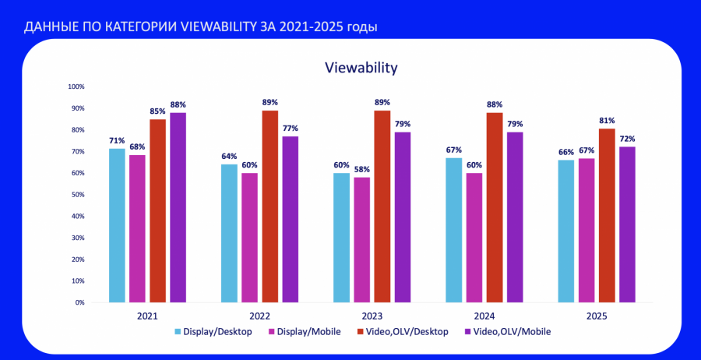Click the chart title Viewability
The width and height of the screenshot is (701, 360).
pos(361,68)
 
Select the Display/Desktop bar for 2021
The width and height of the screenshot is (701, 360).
pos(117,225)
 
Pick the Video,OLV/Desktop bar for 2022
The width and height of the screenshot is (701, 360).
pos(269,206)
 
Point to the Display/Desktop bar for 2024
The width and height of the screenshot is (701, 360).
pos(453,230)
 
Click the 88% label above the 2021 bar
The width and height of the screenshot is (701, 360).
pos(178,104)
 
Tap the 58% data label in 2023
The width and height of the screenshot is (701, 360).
pos(361,169)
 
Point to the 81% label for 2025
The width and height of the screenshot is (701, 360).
pos(607,121)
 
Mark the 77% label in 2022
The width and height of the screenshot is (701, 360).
pos(290,129)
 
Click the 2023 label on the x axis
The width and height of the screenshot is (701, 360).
pos(372,316)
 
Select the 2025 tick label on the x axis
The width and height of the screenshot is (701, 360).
pos(596,316)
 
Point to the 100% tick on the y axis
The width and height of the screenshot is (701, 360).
pos(76,86)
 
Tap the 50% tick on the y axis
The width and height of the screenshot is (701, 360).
pos(77,194)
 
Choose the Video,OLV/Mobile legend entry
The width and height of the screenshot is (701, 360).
pos(512,332)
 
